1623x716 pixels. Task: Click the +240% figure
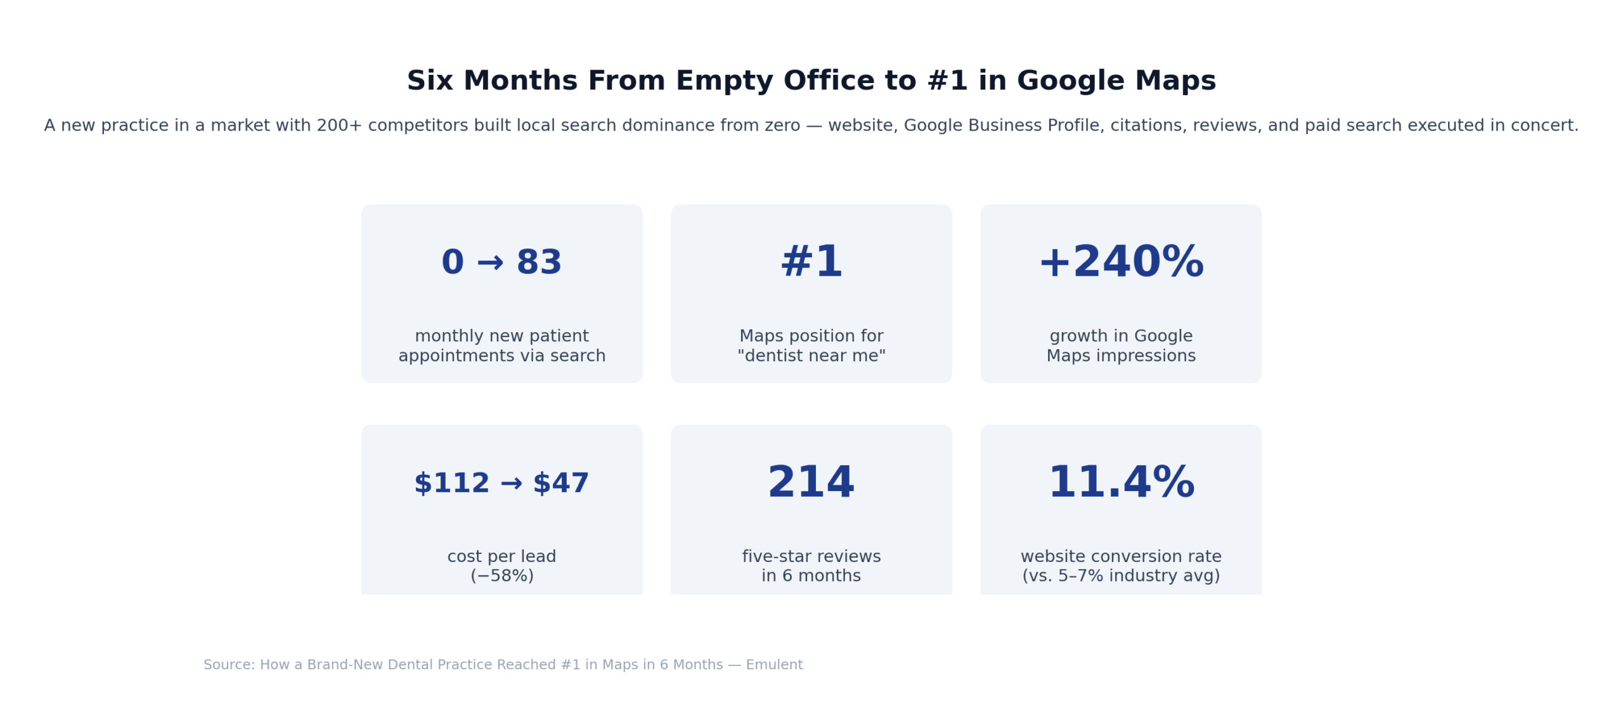coord(1120,262)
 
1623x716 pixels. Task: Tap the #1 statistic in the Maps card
coord(811,262)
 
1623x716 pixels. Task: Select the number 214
coord(811,482)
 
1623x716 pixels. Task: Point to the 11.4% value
coord(1120,482)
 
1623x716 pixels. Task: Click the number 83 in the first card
coord(539,262)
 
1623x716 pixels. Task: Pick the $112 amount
coord(451,483)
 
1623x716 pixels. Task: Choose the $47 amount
coord(561,483)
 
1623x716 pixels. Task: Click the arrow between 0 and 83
coord(490,262)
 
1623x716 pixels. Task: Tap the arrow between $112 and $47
coord(511,484)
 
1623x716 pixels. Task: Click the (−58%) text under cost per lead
coord(501,575)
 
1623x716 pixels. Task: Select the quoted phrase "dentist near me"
coord(811,355)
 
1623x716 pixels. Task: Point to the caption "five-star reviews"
coord(811,556)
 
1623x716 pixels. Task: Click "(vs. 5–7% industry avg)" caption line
coord(1120,575)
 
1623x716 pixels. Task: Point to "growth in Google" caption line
coord(1120,336)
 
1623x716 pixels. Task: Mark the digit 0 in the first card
coord(453,262)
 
